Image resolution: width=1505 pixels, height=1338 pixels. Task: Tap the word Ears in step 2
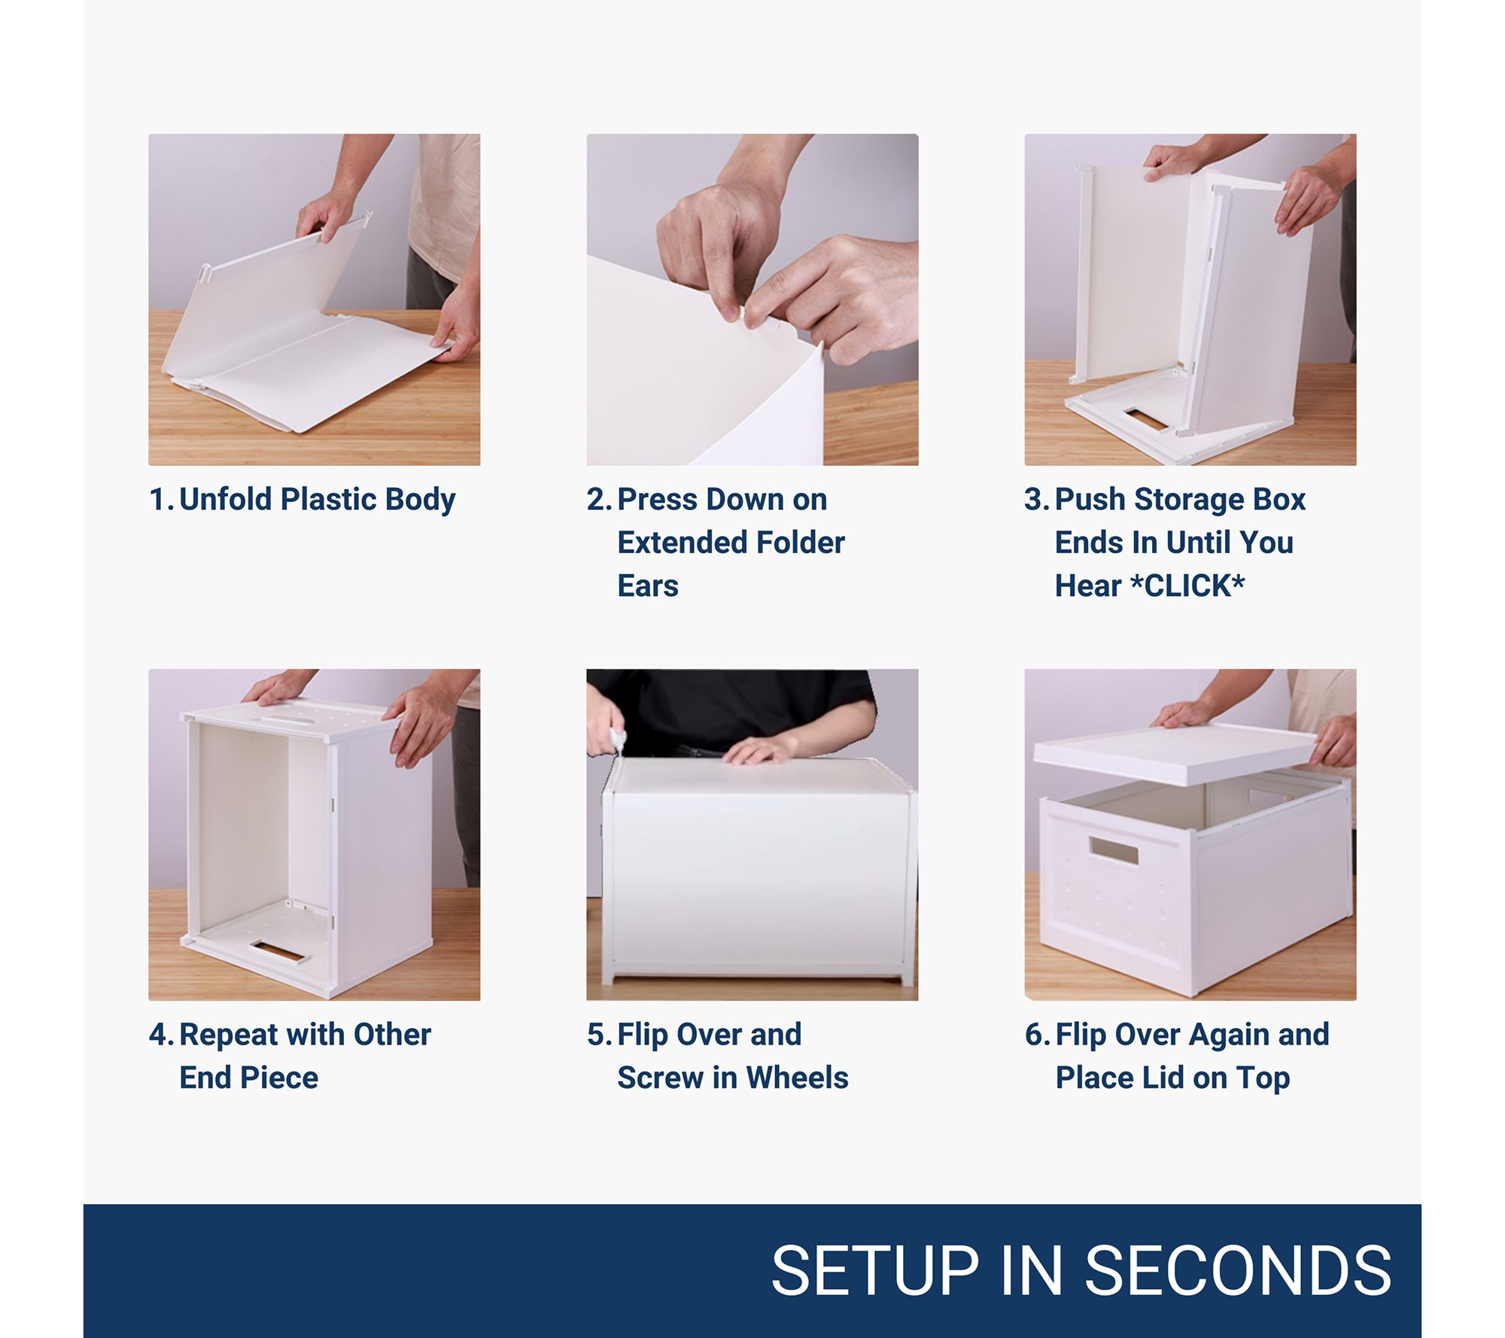click(648, 585)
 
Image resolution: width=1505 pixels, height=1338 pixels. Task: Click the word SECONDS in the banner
click(1238, 1270)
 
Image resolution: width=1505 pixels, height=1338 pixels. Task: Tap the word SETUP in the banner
click(874, 1270)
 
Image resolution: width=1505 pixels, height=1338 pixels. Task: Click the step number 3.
click(1035, 499)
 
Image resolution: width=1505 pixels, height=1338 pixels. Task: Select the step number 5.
click(598, 1035)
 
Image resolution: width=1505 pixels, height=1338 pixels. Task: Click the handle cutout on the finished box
click(1113, 852)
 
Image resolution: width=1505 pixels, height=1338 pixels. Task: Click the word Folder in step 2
click(801, 542)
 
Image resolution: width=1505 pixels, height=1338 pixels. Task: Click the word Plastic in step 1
click(329, 499)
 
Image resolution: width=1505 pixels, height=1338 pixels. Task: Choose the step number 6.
click(1036, 1035)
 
